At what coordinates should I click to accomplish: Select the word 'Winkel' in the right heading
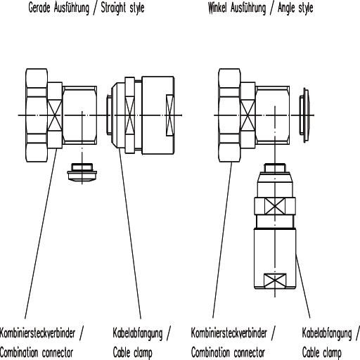point(218,8)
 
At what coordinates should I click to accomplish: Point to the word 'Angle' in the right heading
point(286,8)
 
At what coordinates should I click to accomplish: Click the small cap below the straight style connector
point(82,172)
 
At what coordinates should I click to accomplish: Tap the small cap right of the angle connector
point(304,115)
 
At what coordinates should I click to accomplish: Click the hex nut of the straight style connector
point(37,115)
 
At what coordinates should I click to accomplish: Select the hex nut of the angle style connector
point(229,115)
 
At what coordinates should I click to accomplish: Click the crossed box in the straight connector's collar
point(55,115)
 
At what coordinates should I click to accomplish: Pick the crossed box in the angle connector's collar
point(248,115)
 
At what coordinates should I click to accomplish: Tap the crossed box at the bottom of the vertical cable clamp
point(275,281)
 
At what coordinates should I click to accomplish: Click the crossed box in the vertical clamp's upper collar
point(275,206)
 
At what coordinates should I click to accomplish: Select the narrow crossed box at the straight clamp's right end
point(170,115)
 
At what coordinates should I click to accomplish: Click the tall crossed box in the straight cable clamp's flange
point(130,115)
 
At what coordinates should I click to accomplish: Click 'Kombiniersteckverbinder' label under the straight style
point(37,333)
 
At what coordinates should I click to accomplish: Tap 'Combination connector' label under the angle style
point(228,352)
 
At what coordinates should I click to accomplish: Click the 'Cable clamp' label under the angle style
point(321,353)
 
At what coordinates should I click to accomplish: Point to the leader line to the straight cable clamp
point(129,234)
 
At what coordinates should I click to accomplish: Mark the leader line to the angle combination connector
point(222,240)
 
